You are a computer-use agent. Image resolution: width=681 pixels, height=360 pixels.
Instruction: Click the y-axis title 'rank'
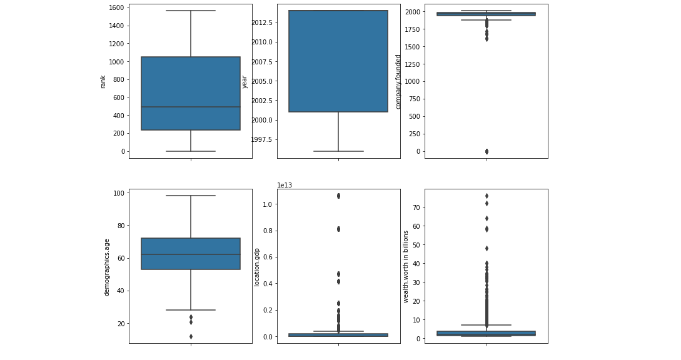(103, 81)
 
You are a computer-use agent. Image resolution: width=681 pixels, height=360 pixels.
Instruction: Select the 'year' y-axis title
(245, 81)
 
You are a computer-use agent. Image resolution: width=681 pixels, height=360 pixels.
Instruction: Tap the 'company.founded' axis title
(398, 81)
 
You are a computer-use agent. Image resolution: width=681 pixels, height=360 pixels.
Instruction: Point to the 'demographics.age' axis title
(107, 267)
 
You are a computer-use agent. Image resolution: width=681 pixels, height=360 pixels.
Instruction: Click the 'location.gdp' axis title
(256, 267)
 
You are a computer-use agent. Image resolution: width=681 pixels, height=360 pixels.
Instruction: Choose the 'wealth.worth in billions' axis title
(406, 266)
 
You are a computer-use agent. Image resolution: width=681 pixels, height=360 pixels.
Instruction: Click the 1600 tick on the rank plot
(115, 8)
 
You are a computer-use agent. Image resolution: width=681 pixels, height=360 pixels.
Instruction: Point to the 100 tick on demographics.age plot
(118, 193)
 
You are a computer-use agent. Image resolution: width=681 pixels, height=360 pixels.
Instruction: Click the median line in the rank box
(191, 107)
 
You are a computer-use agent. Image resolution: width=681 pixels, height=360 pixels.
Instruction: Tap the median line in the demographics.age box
(191, 254)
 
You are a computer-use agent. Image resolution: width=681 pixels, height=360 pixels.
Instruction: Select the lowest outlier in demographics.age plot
(191, 336)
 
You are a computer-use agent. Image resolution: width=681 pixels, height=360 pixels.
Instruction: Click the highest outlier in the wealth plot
(487, 196)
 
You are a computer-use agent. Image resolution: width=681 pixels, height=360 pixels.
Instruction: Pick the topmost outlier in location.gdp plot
(338, 196)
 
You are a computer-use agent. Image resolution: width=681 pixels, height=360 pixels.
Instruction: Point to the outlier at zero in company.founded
(487, 151)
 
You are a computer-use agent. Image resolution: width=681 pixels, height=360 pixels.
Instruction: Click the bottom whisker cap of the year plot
(338, 151)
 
